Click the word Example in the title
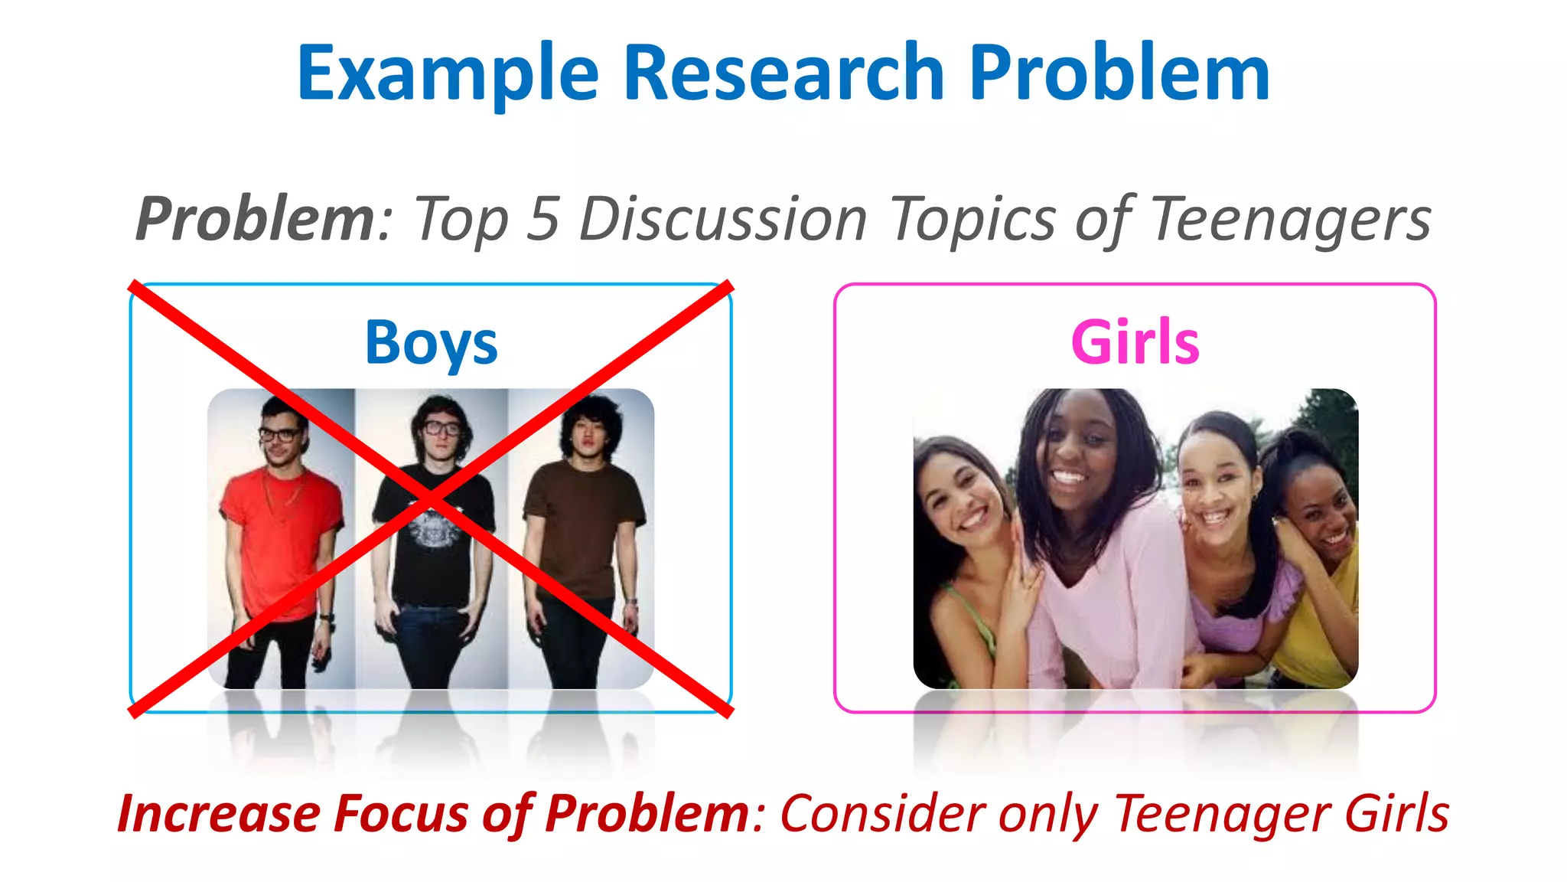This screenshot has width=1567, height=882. pyautogui.click(x=448, y=74)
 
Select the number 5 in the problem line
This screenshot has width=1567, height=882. pyautogui.click(x=543, y=219)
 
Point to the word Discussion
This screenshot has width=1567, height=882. pyautogui.click(x=723, y=219)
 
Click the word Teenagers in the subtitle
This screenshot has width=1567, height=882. pyautogui.click(x=1291, y=220)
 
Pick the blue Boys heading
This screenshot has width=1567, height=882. pyautogui.click(x=431, y=343)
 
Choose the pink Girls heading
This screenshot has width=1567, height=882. pyautogui.click(x=1135, y=342)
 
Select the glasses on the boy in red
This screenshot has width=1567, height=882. pyautogui.click(x=279, y=434)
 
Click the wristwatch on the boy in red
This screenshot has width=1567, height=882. pyautogui.click(x=327, y=617)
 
